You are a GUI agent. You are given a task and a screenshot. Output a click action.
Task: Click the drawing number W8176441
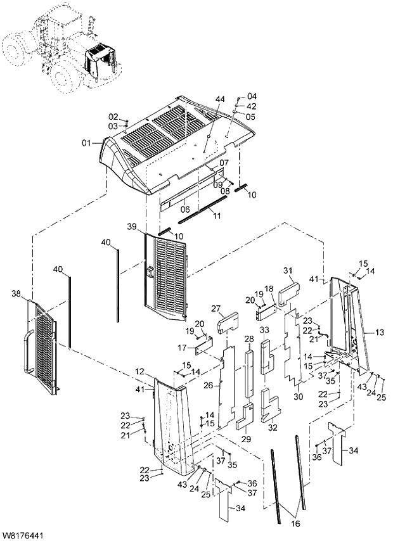pyautogui.click(x=23, y=535)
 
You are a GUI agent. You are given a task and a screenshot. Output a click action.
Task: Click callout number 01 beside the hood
pyautogui.click(x=86, y=143)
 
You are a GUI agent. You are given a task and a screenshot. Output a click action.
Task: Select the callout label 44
pyautogui.click(x=220, y=100)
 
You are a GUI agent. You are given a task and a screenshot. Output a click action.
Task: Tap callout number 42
pyautogui.click(x=252, y=106)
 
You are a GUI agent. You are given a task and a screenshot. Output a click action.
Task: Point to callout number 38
pyautogui.click(x=16, y=293)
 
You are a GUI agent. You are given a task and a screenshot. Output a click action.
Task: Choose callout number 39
pyautogui.click(x=131, y=226)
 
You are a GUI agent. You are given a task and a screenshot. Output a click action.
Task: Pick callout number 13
pyautogui.click(x=380, y=332)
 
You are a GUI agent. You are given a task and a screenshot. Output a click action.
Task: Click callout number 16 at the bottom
pyautogui.click(x=293, y=524)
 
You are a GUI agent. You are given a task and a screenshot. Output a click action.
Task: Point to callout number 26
pyautogui.click(x=207, y=386)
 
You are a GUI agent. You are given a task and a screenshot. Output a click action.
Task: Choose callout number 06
pyautogui.click(x=185, y=208)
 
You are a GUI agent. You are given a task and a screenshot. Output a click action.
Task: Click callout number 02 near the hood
pyautogui.click(x=113, y=117)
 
